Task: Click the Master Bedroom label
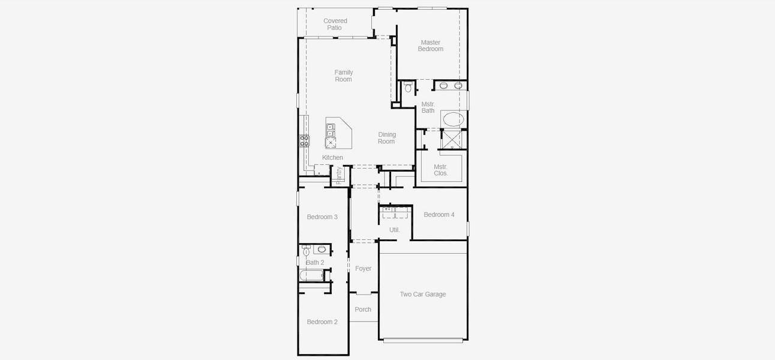[x=430, y=46]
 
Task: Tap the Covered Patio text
[x=335, y=25]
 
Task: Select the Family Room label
[x=343, y=76]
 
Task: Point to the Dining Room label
[x=386, y=138]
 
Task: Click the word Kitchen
[x=332, y=158]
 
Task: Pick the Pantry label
[x=339, y=175]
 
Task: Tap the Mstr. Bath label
[x=428, y=107]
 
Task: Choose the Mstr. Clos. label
[x=441, y=170]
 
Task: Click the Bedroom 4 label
[x=438, y=215]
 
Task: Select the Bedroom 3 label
[x=322, y=217]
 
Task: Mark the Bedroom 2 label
[x=322, y=322]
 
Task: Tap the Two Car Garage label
[x=423, y=295]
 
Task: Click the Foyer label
[x=363, y=269]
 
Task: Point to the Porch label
[x=363, y=310]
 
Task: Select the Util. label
[x=394, y=230]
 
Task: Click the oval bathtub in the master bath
[x=453, y=119]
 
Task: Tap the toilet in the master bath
[x=408, y=88]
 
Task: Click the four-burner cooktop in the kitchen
[x=304, y=141]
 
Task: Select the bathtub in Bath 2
[x=311, y=275]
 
